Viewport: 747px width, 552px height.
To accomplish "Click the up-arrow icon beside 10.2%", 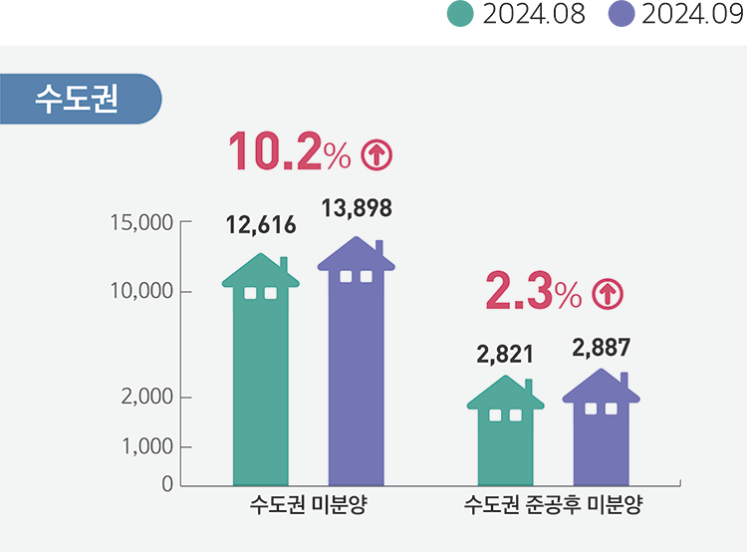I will point(377,153).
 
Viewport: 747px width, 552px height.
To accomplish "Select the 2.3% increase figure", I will point(533,292).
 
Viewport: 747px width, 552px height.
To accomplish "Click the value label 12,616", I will point(261,225).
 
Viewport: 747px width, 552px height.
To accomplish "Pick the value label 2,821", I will point(506,354).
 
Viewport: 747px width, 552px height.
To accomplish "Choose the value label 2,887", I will point(602,348).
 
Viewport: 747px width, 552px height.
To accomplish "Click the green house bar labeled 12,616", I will point(261,379).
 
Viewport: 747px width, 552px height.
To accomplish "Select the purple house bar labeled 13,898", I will point(357,369).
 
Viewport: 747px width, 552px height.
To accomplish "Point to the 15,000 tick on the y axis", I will point(140,221).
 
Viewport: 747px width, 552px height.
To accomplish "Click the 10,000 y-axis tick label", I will point(140,292).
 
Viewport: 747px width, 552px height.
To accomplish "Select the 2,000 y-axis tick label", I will point(146,398).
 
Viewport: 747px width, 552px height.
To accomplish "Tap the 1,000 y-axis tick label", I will point(146,447).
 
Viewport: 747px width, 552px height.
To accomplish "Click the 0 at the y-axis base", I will point(167,484).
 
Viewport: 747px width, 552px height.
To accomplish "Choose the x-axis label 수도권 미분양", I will point(309,505).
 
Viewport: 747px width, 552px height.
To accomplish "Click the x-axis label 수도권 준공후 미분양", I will point(554,505).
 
